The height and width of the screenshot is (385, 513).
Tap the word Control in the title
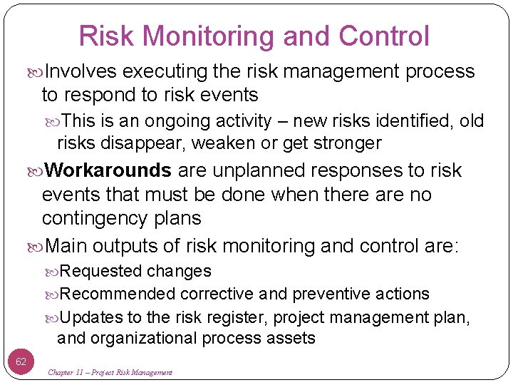[x=385, y=36]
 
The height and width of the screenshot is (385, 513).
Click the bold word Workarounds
[x=108, y=170]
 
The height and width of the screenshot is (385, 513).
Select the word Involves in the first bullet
[x=83, y=71]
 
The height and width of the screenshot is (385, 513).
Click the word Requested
[x=101, y=271]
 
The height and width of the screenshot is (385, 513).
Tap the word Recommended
[x=118, y=294]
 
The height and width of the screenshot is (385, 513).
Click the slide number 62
[x=21, y=361]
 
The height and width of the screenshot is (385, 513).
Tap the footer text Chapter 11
[x=69, y=372]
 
